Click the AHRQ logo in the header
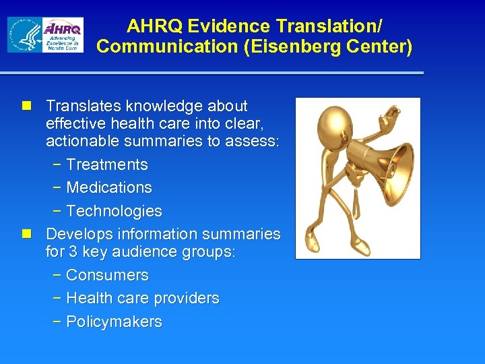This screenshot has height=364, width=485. (x=62, y=34)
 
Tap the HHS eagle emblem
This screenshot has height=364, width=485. (x=25, y=35)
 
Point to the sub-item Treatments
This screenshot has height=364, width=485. (x=107, y=164)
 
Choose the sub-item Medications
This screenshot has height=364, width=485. (x=109, y=187)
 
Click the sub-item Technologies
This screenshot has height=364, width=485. (x=114, y=211)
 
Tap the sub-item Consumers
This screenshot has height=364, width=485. (x=107, y=275)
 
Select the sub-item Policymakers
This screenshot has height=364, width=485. (x=114, y=322)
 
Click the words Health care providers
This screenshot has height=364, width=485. (x=143, y=298)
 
